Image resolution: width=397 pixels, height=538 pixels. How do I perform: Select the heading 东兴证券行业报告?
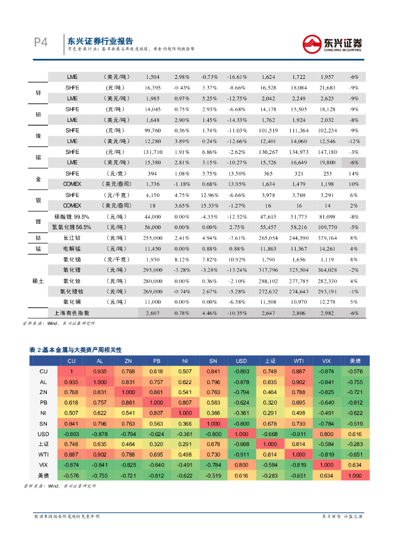pyautogui.click(x=100, y=41)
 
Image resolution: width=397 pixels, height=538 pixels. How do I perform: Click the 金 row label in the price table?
pyautogui.click(x=38, y=179)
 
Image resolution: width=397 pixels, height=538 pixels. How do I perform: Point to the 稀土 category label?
pyautogui.click(x=38, y=281)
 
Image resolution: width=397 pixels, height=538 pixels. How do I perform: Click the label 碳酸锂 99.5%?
pyautogui.click(x=72, y=216)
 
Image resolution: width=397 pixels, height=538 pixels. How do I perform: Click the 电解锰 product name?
pyautogui.click(x=72, y=249)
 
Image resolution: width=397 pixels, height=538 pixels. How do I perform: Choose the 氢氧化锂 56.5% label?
pyautogui.click(x=72, y=227)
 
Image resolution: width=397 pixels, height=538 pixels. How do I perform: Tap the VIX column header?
pyautogui.click(x=327, y=361)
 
